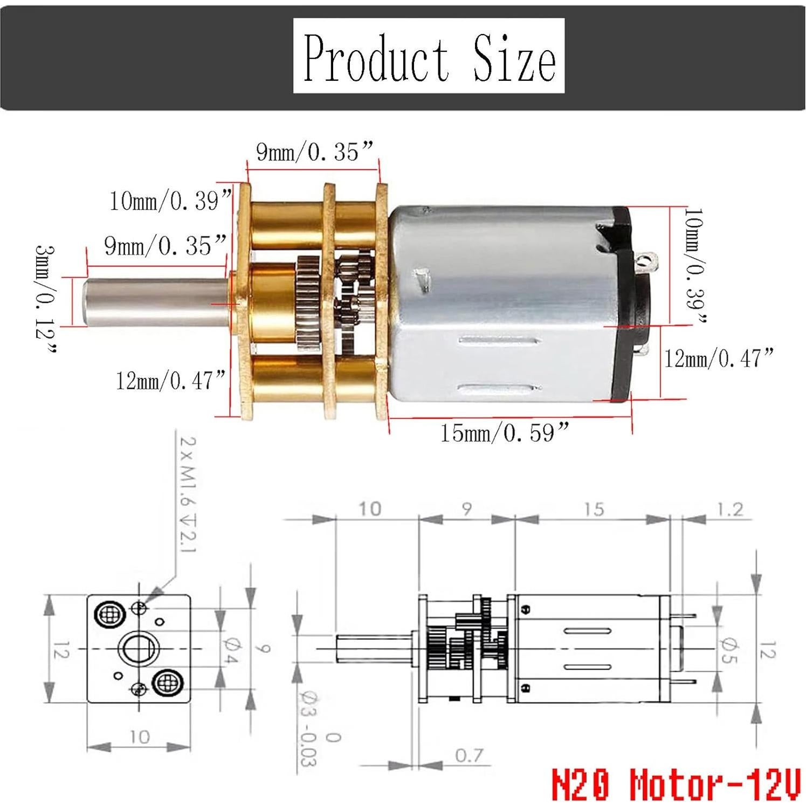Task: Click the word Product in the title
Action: coord(376,58)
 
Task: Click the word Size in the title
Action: coord(514,58)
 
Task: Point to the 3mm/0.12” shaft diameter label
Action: coord(46,299)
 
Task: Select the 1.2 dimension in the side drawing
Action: coord(731,509)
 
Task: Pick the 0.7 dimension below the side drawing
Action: coord(469,755)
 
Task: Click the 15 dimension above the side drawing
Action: coord(593,509)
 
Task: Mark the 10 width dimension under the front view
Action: coord(139,736)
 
